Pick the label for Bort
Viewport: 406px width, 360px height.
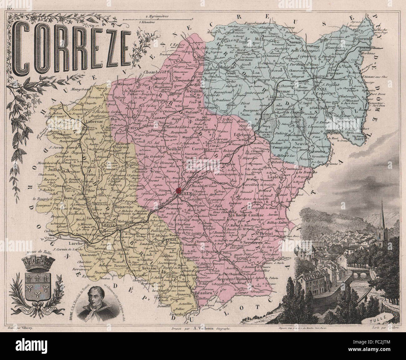click(x=359, y=139)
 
